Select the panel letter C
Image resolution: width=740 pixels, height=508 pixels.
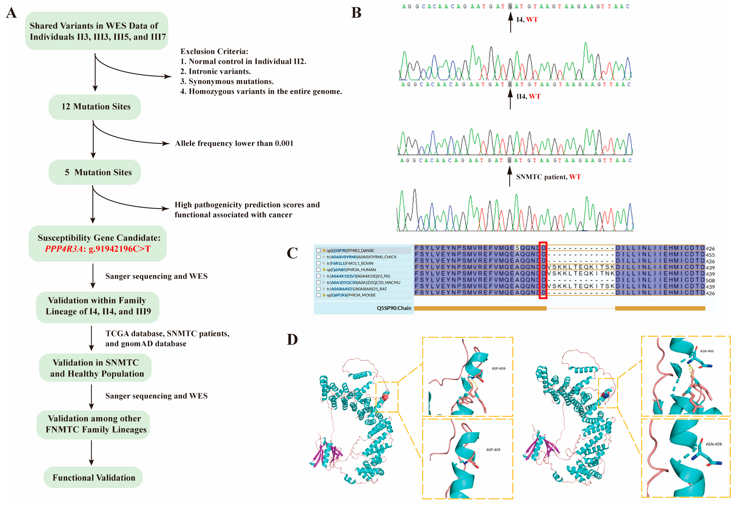(x=292, y=253)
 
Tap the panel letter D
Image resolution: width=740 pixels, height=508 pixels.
(x=292, y=340)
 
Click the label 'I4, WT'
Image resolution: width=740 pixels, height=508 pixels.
(x=527, y=20)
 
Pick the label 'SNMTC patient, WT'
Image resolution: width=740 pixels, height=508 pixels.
(x=548, y=177)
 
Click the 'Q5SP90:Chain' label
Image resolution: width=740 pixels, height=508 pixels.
(x=394, y=308)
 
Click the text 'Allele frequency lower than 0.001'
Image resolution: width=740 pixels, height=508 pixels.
(x=234, y=144)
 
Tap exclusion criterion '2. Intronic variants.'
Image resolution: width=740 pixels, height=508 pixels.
(x=216, y=72)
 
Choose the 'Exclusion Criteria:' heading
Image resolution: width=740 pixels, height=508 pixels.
(x=214, y=52)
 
